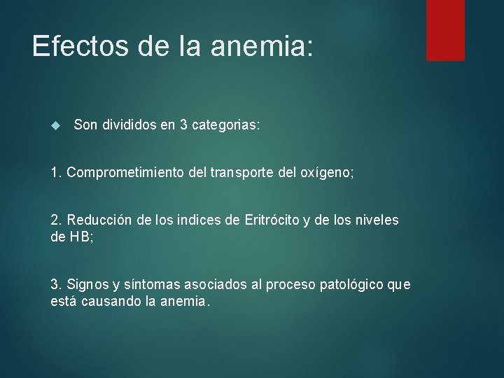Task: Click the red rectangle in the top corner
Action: pos(445,29)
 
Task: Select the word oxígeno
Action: pos(328,173)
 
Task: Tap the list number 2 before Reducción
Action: pos(55,220)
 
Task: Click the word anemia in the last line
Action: pos(185,301)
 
